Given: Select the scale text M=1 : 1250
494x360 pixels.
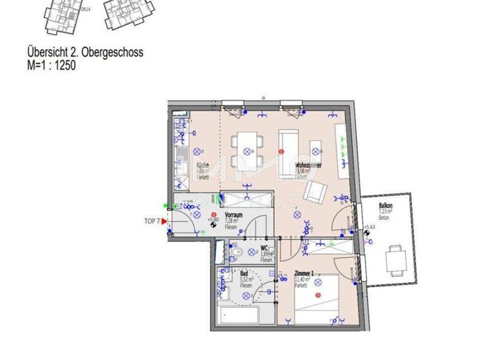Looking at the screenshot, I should tap(51, 64).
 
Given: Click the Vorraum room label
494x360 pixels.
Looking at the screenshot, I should tap(233, 215).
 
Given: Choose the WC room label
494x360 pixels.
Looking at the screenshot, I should tap(264, 248).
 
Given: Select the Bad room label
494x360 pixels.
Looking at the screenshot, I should tap(244, 273).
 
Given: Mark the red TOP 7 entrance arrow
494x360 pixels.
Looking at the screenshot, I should tap(164, 221).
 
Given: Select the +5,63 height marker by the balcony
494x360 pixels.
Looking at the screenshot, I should tap(369, 227).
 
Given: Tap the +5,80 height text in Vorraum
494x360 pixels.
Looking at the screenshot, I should tap(212, 227).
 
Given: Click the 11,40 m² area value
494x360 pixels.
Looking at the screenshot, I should tap(302, 280).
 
